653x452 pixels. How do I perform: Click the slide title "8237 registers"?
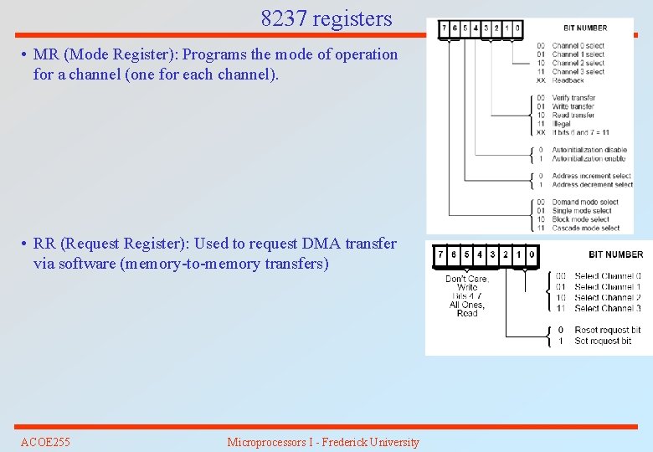tap(326, 18)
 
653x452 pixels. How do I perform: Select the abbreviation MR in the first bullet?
tap(45, 54)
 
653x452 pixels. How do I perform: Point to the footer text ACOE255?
tap(45, 442)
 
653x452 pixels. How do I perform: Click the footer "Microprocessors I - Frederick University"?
tap(323, 442)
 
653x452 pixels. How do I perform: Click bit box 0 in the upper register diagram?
tap(517, 28)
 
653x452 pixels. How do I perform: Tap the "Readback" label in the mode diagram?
tap(568, 80)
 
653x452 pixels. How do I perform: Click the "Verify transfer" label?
tap(573, 98)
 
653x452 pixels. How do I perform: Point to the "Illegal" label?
tap(562, 124)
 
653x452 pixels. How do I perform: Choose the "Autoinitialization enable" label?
tap(589, 158)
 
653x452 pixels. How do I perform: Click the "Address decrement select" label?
tap(591, 184)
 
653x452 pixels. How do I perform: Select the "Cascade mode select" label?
tap(586, 228)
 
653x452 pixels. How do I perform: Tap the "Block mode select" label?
tap(581, 219)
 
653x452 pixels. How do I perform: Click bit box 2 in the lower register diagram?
tap(505, 254)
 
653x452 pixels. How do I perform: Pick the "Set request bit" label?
tap(603, 341)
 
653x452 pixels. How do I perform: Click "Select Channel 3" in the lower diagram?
tap(608, 308)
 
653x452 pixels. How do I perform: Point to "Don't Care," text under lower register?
tap(467, 279)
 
